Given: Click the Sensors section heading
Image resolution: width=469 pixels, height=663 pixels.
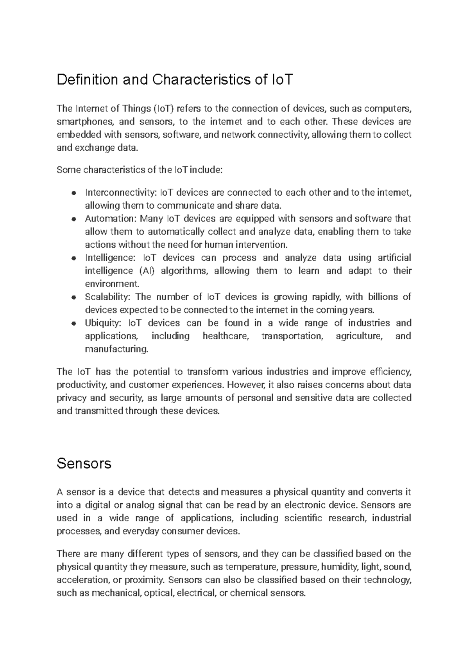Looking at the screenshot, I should (x=84, y=463).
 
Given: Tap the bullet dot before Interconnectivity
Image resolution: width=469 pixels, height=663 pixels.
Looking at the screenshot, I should (x=73, y=193).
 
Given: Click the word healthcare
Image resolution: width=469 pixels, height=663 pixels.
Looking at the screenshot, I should (x=226, y=336).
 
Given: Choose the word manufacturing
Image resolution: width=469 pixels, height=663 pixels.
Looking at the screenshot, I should (x=116, y=349).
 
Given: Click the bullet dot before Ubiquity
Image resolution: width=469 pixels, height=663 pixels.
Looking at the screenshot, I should (x=73, y=324).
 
